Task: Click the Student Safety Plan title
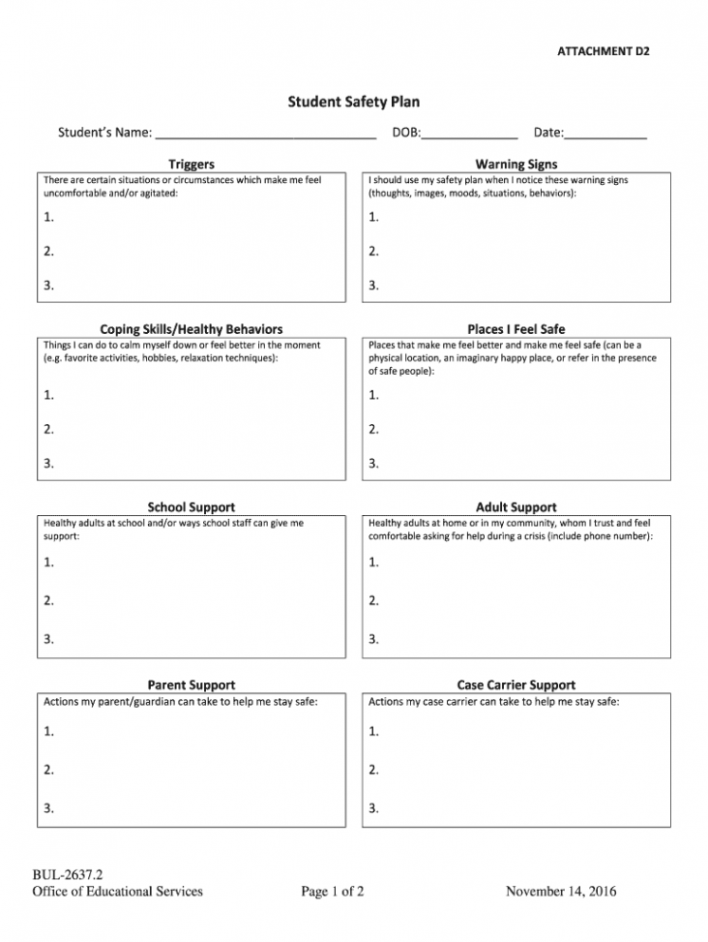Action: (353, 102)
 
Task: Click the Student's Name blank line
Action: (266, 135)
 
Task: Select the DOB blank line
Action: (469, 135)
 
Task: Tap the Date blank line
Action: (606, 135)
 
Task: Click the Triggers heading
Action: (191, 165)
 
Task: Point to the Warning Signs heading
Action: (516, 165)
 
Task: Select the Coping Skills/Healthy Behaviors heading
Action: (191, 329)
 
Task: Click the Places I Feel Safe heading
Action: (516, 329)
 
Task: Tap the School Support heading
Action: (191, 508)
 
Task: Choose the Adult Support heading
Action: (516, 508)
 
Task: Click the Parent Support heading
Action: (191, 685)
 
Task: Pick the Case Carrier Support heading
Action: (516, 685)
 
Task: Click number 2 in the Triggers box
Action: (49, 251)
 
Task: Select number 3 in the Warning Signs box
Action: (374, 286)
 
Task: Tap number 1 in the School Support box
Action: (49, 563)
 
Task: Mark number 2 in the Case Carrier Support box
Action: (374, 770)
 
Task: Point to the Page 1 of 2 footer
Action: (332, 892)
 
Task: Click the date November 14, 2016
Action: (561, 892)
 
